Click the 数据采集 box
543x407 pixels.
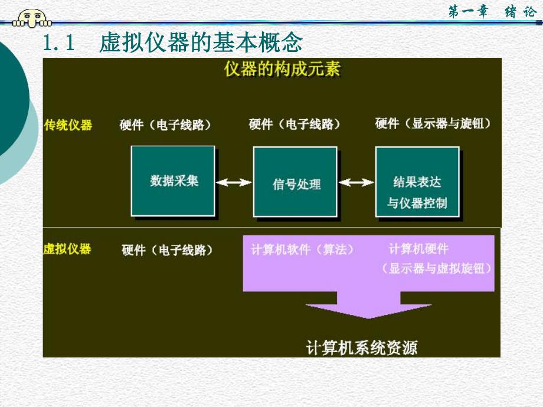pyautogui.click(x=173, y=181)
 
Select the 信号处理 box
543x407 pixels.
pyautogui.click(x=295, y=182)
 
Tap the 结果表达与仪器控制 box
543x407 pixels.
pyautogui.click(x=417, y=182)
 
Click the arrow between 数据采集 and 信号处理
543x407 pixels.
pyautogui.click(x=234, y=183)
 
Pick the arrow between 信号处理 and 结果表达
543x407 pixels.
pyautogui.click(x=356, y=183)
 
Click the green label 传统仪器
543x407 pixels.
pyautogui.click(x=68, y=124)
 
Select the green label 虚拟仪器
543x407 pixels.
pyautogui.click(x=68, y=248)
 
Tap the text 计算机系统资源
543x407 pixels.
pyautogui.click(x=361, y=347)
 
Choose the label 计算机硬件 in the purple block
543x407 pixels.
pyautogui.click(x=418, y=250)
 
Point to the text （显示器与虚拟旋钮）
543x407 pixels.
pyautogui.click(x=436, y=268)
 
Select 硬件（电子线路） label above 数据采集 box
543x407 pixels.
pyautogui.click(x=165, y=124)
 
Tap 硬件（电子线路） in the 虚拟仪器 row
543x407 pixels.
pyautogui.click(x=168, y=250)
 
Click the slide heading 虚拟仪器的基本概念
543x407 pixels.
pyautogui.click(x=201, y=43)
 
